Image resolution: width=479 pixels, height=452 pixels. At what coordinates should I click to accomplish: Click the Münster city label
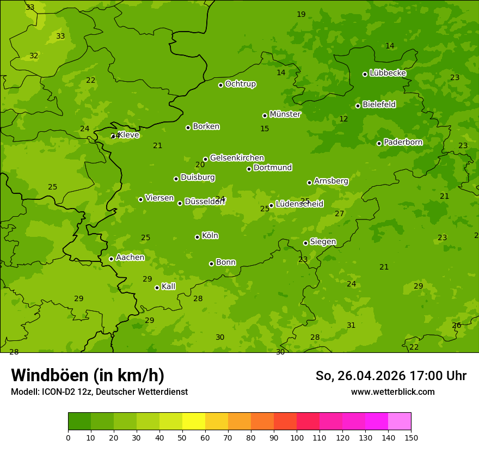point(285,114)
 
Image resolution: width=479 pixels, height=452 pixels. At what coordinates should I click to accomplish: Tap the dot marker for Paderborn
point(379,143)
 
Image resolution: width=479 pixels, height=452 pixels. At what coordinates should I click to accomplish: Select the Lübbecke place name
point(388,73)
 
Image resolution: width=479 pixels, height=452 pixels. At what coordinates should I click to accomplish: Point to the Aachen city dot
point(112,259)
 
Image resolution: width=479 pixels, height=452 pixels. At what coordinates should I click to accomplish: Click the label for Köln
point(210,236)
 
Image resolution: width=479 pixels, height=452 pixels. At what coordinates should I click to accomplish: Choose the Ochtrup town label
point(241,84)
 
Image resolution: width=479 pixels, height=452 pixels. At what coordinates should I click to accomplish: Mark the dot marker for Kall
point(157,288)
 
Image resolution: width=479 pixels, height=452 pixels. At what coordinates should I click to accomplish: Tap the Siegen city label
point(323,242)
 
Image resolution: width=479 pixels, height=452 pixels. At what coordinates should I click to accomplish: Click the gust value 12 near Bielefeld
point(343,119)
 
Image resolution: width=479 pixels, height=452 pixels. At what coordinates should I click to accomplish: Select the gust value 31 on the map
point(351,325)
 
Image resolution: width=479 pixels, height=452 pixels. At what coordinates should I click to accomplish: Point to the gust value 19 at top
point(301,14)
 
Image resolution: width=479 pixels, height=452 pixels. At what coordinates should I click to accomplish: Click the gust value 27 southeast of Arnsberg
point(340,213)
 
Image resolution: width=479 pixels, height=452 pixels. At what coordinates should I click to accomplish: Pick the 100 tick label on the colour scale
point(297,437)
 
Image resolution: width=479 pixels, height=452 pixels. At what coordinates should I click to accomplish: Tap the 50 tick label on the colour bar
point(182,437)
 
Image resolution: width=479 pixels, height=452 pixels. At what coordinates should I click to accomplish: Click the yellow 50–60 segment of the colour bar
point(194,422)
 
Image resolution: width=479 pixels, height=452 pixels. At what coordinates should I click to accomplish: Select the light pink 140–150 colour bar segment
point(400,422)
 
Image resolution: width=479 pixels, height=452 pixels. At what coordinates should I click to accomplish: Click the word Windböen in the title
point(50,375)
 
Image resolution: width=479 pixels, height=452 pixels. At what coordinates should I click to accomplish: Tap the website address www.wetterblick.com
point(392,392)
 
